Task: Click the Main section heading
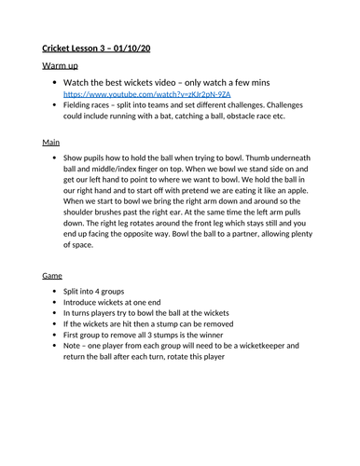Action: tap(51, 143)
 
